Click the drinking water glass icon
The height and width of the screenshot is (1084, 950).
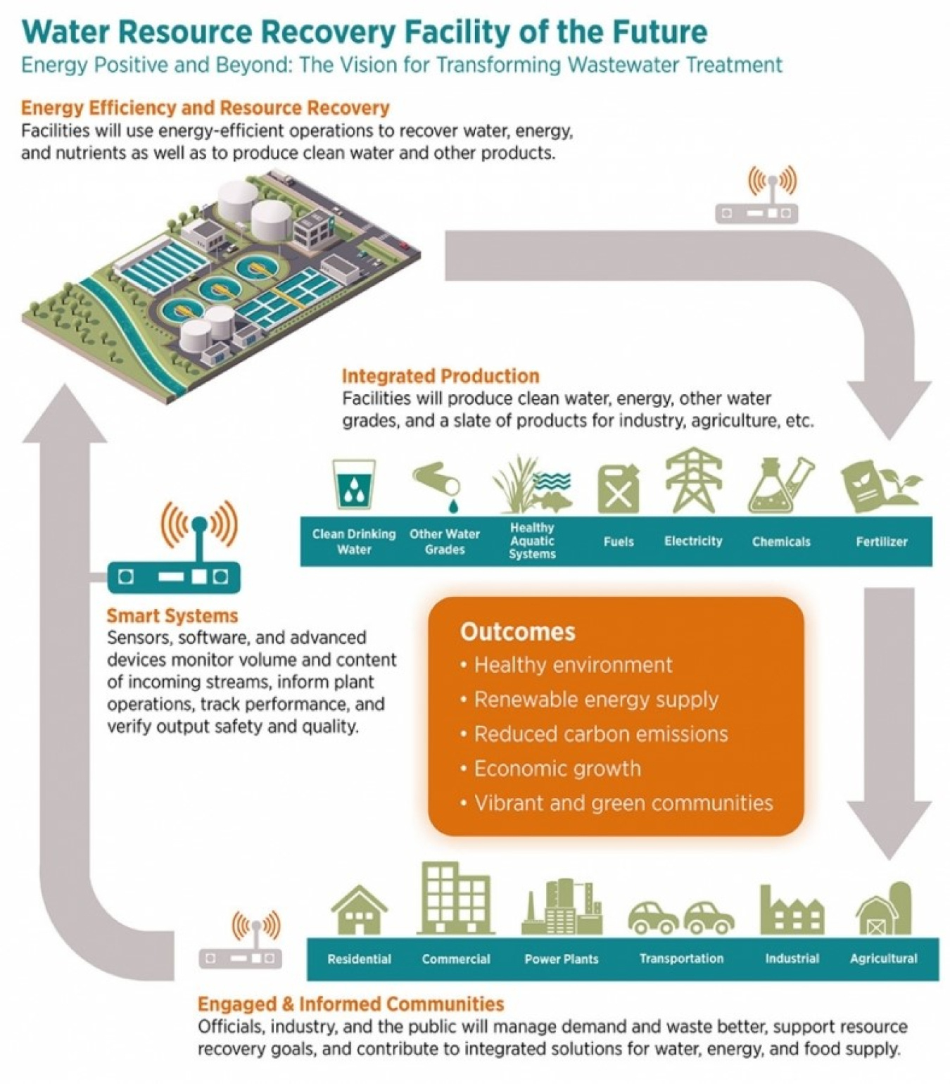point(353,484)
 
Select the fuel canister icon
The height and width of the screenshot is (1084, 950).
point(619,488)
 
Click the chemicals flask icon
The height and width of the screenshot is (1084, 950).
point(780,486)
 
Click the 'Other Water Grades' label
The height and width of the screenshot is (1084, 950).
point(444,541)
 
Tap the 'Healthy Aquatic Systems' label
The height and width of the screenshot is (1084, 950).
point(532,541)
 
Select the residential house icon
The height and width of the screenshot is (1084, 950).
point(359,910)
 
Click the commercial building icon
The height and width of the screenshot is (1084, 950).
point(456,899)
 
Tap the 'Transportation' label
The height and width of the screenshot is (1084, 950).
point(680,958)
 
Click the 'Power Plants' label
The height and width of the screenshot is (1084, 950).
point(561,959)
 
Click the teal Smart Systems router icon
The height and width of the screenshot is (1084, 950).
point(173,576)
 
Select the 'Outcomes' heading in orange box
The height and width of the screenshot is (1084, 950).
point(517,631)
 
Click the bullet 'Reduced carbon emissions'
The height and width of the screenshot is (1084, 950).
point(600,733)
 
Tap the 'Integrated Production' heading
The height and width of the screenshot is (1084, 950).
point(441,376)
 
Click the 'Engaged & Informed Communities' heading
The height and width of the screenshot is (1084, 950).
point(350,1004)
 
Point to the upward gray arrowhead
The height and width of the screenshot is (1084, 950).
point(64,415)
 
